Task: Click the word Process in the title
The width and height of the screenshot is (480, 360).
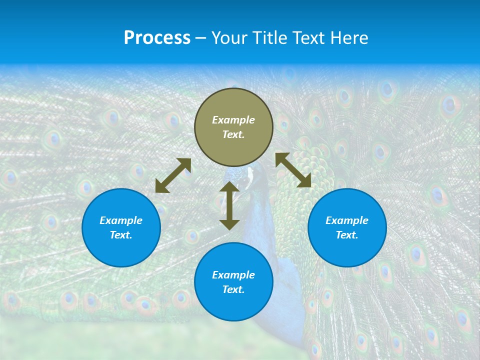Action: [x=157, y=38]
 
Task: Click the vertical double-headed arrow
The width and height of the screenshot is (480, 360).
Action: [x=229, y=205]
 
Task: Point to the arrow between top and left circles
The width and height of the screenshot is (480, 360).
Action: [x=173, y=175]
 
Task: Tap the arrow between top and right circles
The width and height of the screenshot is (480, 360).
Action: [x=293, y=170]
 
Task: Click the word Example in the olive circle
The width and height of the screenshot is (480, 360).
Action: [x=233, y=120]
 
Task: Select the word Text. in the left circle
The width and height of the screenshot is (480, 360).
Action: [x=121, y=235]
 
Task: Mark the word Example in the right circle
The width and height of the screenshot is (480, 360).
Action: [x=347, y=220]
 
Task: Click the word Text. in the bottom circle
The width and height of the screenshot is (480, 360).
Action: [x=233, y=289]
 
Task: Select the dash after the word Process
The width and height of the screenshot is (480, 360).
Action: [x=201, y=38]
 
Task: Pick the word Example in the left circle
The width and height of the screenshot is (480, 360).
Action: [x=121, y=220]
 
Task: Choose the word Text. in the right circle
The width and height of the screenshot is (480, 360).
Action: [x=347, y=235]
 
